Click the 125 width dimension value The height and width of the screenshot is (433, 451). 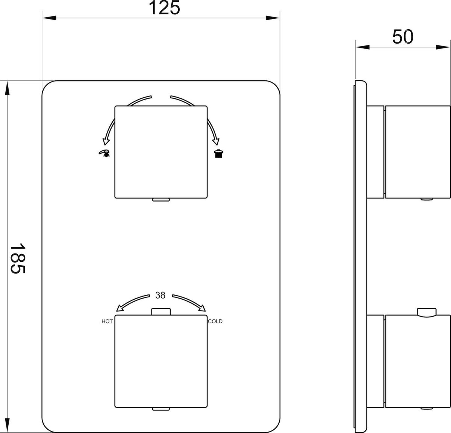(164, 8)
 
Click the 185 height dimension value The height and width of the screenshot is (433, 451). (17, 258)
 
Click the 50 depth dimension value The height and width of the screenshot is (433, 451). (403, 37)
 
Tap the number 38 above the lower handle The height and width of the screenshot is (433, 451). (160, 296)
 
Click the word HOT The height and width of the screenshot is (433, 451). (107, 321)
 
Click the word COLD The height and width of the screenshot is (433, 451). (215, 321)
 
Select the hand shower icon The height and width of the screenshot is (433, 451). (104, 153)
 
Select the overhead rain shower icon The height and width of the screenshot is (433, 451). (219, 154)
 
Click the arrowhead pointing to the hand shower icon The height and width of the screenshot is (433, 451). (106, 141)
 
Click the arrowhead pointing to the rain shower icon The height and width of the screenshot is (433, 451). (216, 141)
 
